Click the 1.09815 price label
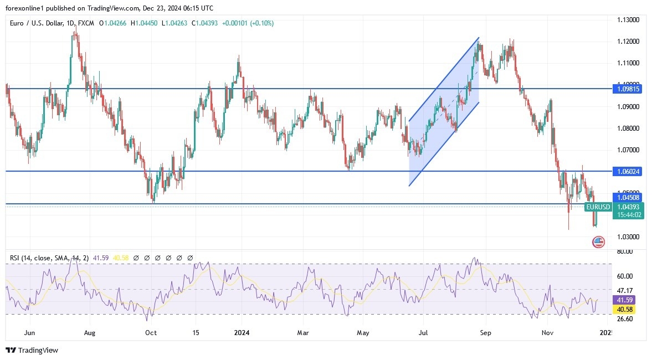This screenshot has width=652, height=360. coord(627,89)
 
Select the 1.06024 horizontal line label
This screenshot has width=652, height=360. coord(627,172)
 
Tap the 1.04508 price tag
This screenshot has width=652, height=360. coord(627,197)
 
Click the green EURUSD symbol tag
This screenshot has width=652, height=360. coord(598,207)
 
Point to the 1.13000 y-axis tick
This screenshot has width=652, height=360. coord(628,20)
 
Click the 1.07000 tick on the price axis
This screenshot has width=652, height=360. coord(628,150)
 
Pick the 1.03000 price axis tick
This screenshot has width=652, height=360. coord(628,237)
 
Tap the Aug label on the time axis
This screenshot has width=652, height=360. coord(90,333)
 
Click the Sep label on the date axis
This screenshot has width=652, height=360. coord(486,333)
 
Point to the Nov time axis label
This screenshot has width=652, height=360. coord(547,333)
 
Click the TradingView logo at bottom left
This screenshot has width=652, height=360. coord(32,350)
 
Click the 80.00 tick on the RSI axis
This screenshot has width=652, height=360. coord(625,251)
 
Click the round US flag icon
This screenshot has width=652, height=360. coord(598,242)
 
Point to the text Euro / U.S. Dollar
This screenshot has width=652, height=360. coord(37,23)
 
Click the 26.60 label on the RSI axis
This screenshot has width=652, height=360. coord(625,319)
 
